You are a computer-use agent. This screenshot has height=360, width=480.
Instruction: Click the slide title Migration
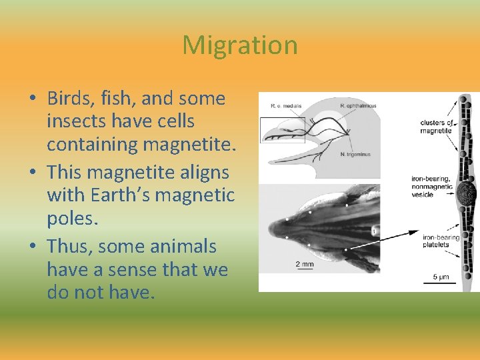point(240,45)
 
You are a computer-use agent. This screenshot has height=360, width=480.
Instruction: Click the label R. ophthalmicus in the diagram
point(358,106)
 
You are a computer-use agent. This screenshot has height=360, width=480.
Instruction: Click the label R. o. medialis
point(287,106)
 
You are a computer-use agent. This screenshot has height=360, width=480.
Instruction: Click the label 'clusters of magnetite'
point(437,127)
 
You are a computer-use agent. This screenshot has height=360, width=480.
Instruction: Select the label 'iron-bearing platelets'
point(441,241)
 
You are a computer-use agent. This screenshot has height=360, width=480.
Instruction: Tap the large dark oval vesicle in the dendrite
point(466,194)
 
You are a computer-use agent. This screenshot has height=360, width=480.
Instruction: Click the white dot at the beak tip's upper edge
point(287,219)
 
